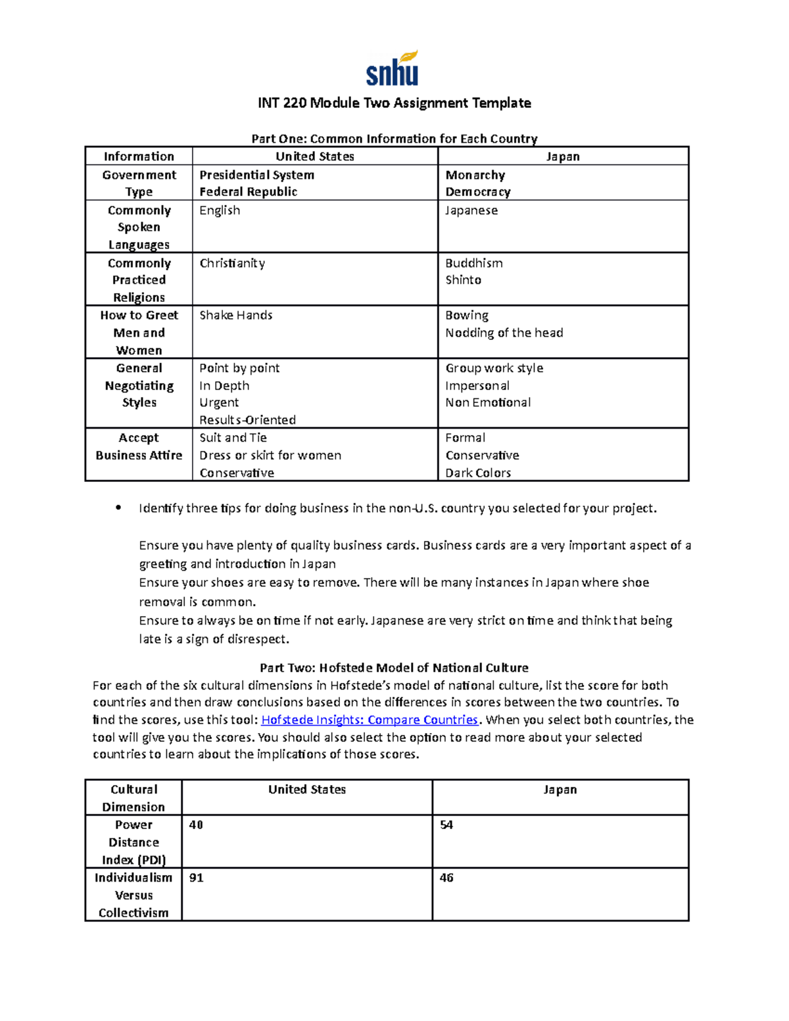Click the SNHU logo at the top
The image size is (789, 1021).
coord(393,69)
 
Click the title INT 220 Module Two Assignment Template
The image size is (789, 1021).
coord(394,103)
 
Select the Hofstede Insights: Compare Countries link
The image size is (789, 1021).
coord(370,720)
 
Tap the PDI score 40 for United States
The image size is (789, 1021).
coord(196,825)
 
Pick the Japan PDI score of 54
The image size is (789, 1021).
coord(446,825)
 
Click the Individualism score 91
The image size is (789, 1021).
coord(196,878)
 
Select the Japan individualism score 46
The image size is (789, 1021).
coord(446,878)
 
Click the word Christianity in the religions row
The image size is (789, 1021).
coord(232,264)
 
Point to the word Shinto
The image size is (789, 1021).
coord(463,280)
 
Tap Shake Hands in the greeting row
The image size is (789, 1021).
coord(235,316)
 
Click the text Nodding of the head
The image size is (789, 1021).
coord(504,333)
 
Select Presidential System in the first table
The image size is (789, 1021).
coord(256,176)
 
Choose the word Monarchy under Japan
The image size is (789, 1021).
coord(475,176)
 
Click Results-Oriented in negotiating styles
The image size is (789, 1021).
coord(247,420)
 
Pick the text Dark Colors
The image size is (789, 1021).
coord(477,473)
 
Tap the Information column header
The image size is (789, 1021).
coord(139,156)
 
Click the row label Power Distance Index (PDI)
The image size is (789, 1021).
coord(133,842)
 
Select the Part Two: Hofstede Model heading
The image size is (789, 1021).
coord(394,668)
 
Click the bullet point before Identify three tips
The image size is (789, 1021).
coord(118,508)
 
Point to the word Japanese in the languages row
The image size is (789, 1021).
coord(471,210)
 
